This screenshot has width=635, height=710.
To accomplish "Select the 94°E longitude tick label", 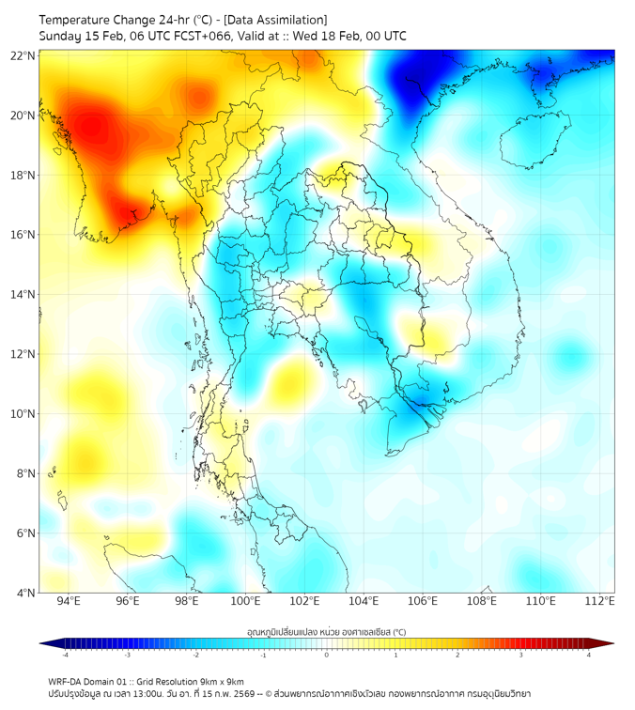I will coord(69,601).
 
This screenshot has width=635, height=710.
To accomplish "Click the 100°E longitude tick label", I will coord(246,601).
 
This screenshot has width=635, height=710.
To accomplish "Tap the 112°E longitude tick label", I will coord(600,601).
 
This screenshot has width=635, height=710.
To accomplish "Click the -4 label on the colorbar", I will coord(64,655).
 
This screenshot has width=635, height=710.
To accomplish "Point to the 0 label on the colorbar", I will coord(327,655).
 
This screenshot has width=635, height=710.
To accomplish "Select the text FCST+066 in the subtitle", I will coord(223,36).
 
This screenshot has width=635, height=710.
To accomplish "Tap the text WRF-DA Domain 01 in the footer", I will coord(90,681).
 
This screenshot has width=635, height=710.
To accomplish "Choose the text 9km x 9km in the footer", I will coord(222,681).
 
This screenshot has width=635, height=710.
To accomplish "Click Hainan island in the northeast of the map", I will coord(536,141).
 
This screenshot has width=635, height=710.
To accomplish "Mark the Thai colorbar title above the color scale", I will coord(326,631).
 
